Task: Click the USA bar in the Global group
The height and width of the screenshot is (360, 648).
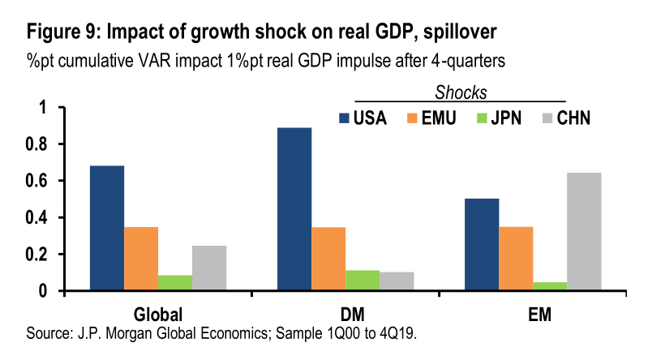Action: pyautogui.click(x=107, y=228)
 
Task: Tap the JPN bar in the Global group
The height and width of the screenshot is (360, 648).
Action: pyautogui.click(x=175, y=282)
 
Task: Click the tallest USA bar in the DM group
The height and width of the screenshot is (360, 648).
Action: pyautogui.click(x=294, y=209)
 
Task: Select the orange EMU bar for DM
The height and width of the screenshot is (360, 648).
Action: pyautogui.click(x=328, y=259)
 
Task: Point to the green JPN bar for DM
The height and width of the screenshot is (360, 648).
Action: pyautogui.click(x=363, y=280)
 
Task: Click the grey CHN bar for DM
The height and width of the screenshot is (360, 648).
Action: pyautogui.click(x=397, y=281)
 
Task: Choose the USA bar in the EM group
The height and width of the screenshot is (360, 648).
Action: pyautogui.click(x=483, y=244)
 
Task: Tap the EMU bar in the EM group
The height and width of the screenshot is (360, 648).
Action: pyautogui.click(x=517, y=259)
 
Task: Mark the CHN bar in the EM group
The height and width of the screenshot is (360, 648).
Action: pyautogui.click(x=585, y=231)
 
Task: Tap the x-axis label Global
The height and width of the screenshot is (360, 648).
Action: pyautogui.click(x=157, y=314)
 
